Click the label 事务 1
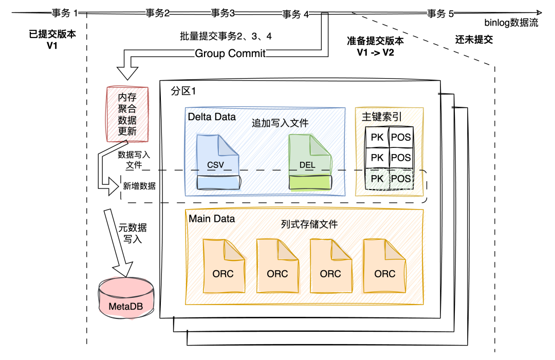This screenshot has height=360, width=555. [x=65, y=14]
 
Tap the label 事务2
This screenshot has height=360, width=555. [x=157, y=13]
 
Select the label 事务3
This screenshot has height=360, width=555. [x=223, y=13]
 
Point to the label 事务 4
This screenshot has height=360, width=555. [x=295, y=14]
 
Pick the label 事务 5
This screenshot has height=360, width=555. [x=440, y=14]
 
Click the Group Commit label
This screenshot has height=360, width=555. [x=230, y=53]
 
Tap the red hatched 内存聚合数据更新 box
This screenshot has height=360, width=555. [x=127, y=114]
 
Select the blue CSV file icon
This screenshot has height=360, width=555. [x=218, y=162]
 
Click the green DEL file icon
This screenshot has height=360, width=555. [x=310, y=162]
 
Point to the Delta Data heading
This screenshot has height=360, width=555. [x=212, y=117]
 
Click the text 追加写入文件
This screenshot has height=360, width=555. [x=280, y=123]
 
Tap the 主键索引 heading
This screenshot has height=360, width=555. [x=381, y=117]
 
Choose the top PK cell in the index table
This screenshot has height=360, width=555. [x=377, y=137]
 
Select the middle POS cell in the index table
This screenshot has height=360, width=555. [x=401, y=158]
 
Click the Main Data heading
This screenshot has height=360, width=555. [x=212, y=219]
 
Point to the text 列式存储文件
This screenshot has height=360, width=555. [x=309, y=224]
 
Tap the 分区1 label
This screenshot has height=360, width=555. [x=183, y=91]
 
